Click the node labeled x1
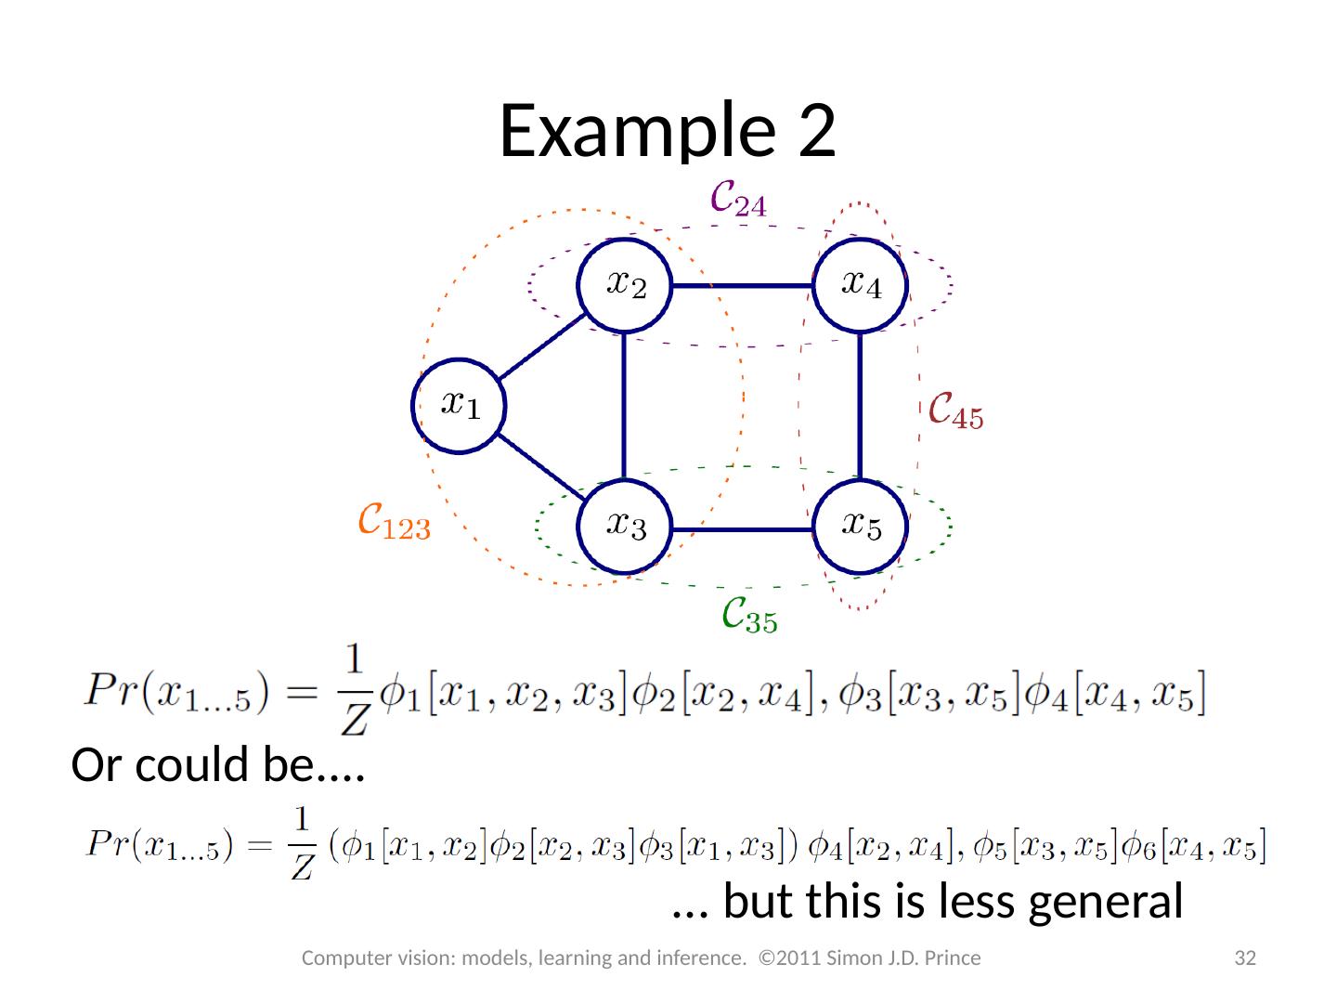pyautogui.click(x=459, y=405)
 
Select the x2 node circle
pyautogui.click(x=624, y=284)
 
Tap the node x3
pyautogui.click(x=624, y=527)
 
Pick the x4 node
pyautogui.click(x=860, y=284)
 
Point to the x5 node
pyautogui.click(x=860, y=527)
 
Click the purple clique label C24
pyautogui.click(x=738, y=199)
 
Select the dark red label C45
pyautogui.click(x=955, y=411)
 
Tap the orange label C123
pyautogui.click(x=395, y=523)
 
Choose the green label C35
pyautogui.click(x=749, y=615)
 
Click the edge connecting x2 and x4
pyautogui.click(x=742, y=285)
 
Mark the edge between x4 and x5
pyautogui.click(x=861, y=406)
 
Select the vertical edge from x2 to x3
pyautogui.click(x=624, y=406)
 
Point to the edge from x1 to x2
pyautogui.click(x=541, y=345)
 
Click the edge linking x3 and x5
pyautogui.click(x=742, y=529)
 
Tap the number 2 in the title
pyautogui.click(x=816, y=130)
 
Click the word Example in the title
pyautogui.click(x=635, y=130)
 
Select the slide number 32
pyautogui.click(x=1244, y=957)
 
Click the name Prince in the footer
pyautogui.click(x=954, y=957)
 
